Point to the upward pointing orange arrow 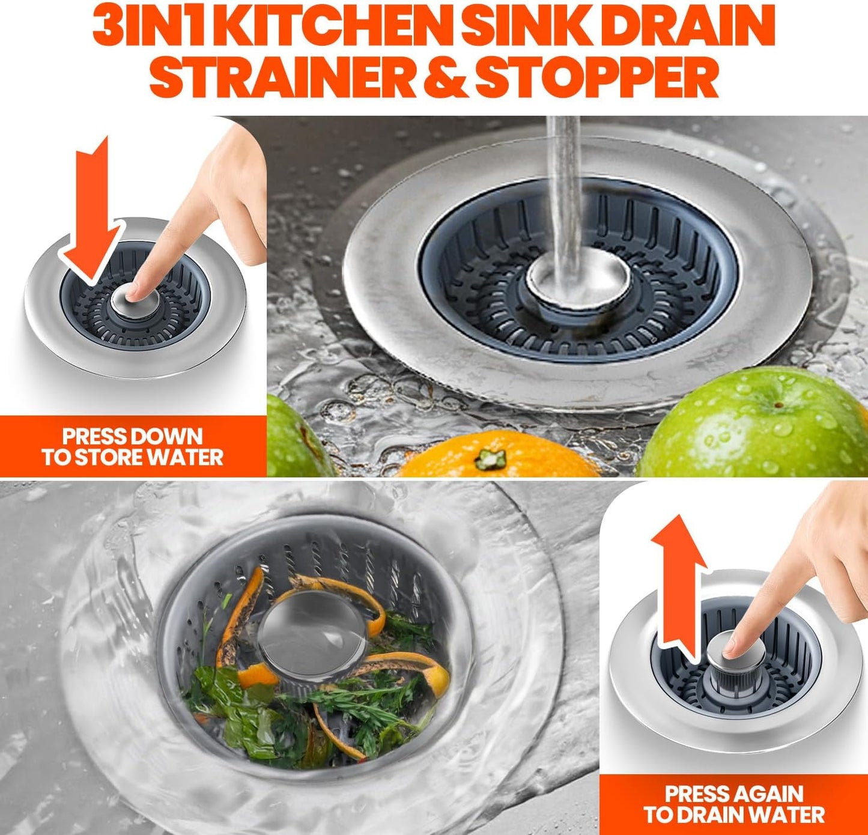[x=679, y=583]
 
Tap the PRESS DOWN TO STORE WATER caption [x=132, y=447]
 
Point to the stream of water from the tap [x=563, y=180]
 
